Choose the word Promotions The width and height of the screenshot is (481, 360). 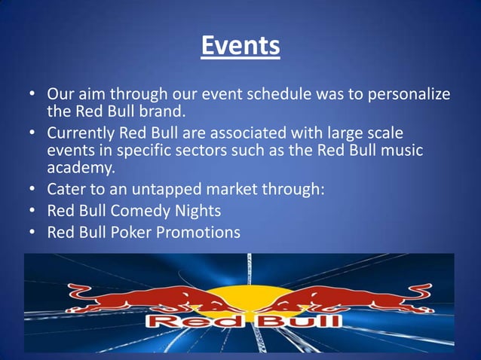pyautogui.click(x=198, y=232)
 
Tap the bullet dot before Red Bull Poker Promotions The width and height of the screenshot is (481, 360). pyautogui.click(x=33, y=233)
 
